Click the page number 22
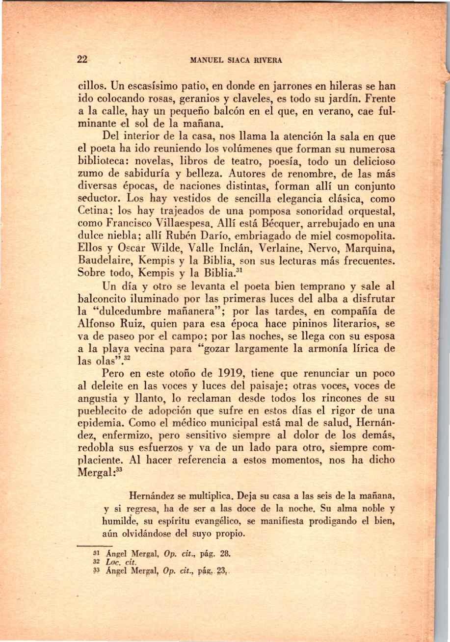tap(82, 60)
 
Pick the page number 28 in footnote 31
tap(226, 553)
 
